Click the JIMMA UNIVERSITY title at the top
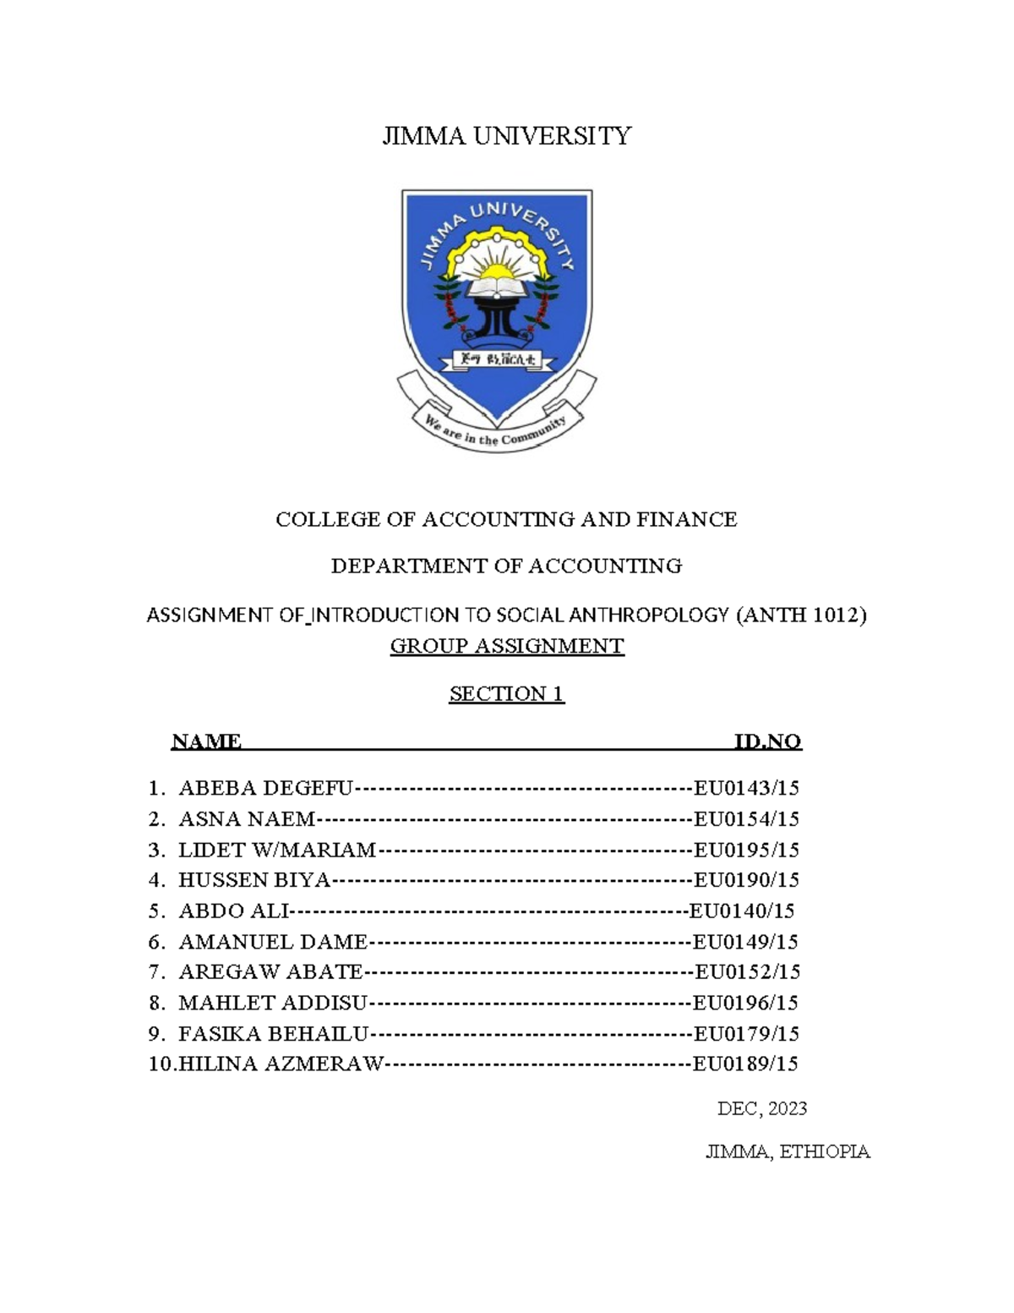coord(506,136)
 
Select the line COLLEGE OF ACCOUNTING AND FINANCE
coord(506,519)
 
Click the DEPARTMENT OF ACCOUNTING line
coord(506,566)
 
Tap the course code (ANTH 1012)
coord(802,615)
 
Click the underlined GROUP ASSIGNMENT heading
coord(506,647)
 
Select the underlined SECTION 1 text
coord(506,694)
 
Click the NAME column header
coord(206,741)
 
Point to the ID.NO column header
coord(767,741)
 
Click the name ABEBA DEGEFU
coord(265,789)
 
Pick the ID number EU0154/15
coord(746,819)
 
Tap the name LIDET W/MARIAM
coord(277,850)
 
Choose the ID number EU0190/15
coord(746,880)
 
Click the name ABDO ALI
coord(233,911)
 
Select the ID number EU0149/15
coord(744,942)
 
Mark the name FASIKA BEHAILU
coord(274,1033)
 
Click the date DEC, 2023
coord(762,1108)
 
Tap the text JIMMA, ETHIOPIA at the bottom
coord(788,1152)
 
